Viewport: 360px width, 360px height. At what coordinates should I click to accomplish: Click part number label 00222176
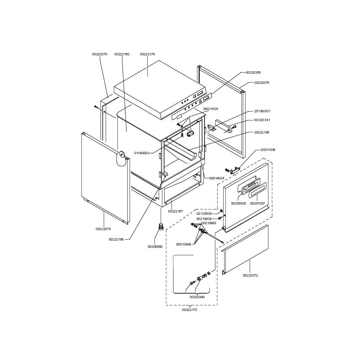pyautogui.click(x=147, y=54)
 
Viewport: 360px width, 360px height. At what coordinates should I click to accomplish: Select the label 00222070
pyautogui.click(x=99, y=54)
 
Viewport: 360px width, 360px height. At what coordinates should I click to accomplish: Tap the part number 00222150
pyautogui.click(x=122, y=54)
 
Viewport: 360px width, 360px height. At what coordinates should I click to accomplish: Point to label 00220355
pyautogui.click(x=253, y=73)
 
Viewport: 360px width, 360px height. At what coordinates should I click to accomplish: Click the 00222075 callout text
pyautogui.click(x=262, y=83)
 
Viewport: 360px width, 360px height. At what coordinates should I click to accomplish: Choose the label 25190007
pyautogui.click(x=262, y=111)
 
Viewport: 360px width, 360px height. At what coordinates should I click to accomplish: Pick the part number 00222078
pyautogui.click(x=103, y=229)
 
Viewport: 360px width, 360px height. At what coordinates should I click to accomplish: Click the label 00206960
pyautogui.click(x=155, y=246)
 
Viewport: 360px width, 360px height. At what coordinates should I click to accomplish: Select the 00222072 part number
pyautogui.click(x=250, y=275)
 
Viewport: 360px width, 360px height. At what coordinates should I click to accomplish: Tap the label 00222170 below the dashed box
pyautogui.click(x=189, y=310)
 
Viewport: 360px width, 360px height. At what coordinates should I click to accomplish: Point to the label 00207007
pyautogui.click(x=257, y=204)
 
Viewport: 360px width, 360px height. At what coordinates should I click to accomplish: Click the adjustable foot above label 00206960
pyautogui.click(x=161, y=227)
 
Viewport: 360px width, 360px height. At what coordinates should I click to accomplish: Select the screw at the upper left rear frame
pyautogui.click(x=96, y=107)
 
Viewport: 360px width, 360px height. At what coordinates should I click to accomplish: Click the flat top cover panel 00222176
pyautogui.click(x=160, y=90)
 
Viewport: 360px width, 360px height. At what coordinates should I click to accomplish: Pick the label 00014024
pyautogui.click(x=217, y=178)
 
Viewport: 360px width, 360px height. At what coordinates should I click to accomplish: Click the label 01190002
pyautogui.click(x=142, y=153)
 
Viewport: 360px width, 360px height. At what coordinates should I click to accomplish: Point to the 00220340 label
pyautogui.click(x=197, y=297)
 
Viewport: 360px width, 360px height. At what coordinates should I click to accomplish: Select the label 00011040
pyautogui.click(x=268, y=150)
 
